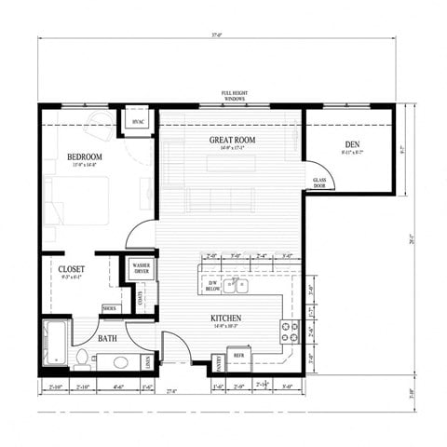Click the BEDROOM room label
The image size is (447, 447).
(84, 156)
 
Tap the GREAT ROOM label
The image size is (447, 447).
(231, 140)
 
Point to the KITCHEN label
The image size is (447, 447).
(225, 318)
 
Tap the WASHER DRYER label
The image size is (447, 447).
(141, 269)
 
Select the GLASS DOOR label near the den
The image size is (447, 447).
(318, 183)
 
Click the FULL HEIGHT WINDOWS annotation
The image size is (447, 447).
(234, 96)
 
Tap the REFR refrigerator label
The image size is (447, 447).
(238, 356)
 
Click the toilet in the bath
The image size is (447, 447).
(82, 357)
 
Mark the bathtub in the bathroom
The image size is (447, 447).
(54, 344)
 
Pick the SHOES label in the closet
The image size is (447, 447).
(110, 308)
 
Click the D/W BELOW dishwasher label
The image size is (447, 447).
(212, 286)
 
